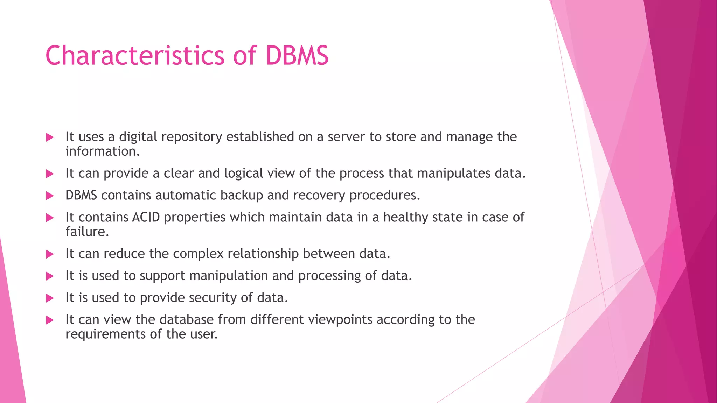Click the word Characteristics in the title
pyautogui.click(x=135, y=56)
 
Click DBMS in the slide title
pyautogui.click(x=297, y=56)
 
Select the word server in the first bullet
pyautogui.click(x=346, y=137)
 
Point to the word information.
pyautogui.click(x=102, y=151)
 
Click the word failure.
pyautogui.click(x=87, y=232)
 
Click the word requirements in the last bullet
pyautogui.click(x=105, y=334)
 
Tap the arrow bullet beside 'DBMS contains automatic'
pyautogui.click(x=50, y=196)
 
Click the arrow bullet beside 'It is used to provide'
pyautogui.click(x=50, y=298)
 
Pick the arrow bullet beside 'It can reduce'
pyautogui.click(x=50, y=254)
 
